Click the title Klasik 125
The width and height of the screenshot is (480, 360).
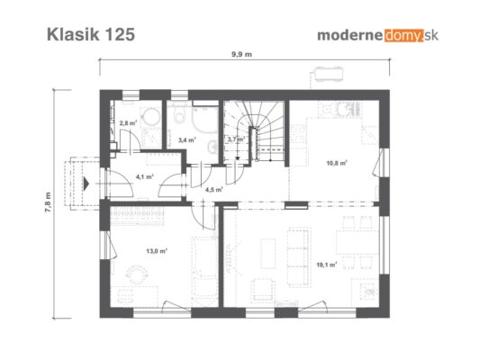(91, 34)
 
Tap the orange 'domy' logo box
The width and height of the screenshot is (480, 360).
(404, 35)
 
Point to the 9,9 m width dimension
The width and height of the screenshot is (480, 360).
(241, 54)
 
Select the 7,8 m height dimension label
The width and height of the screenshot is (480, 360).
(48, 202)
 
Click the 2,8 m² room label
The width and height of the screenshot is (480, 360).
(128, 123)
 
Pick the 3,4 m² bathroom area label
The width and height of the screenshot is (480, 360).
(187, 140)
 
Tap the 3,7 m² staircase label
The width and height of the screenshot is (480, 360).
(236, 139)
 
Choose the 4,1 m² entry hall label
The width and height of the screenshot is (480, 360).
(144, 176)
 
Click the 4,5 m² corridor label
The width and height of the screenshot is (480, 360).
(213, 190)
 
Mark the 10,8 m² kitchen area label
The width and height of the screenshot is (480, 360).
(337, 163)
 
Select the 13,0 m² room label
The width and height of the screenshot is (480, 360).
(157, 251)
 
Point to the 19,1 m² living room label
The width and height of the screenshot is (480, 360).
(327, 265)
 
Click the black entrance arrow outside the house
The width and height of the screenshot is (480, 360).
(86, 184)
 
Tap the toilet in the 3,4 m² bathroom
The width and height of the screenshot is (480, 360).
(179, 113)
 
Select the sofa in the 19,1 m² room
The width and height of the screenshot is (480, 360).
(299, 256)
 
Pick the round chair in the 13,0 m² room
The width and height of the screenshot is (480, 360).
(137, 275)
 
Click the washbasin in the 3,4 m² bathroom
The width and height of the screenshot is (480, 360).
(213, 148)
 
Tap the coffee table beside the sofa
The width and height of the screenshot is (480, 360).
(267, 254)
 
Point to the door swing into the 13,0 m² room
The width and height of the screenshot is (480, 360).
(203, 218)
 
